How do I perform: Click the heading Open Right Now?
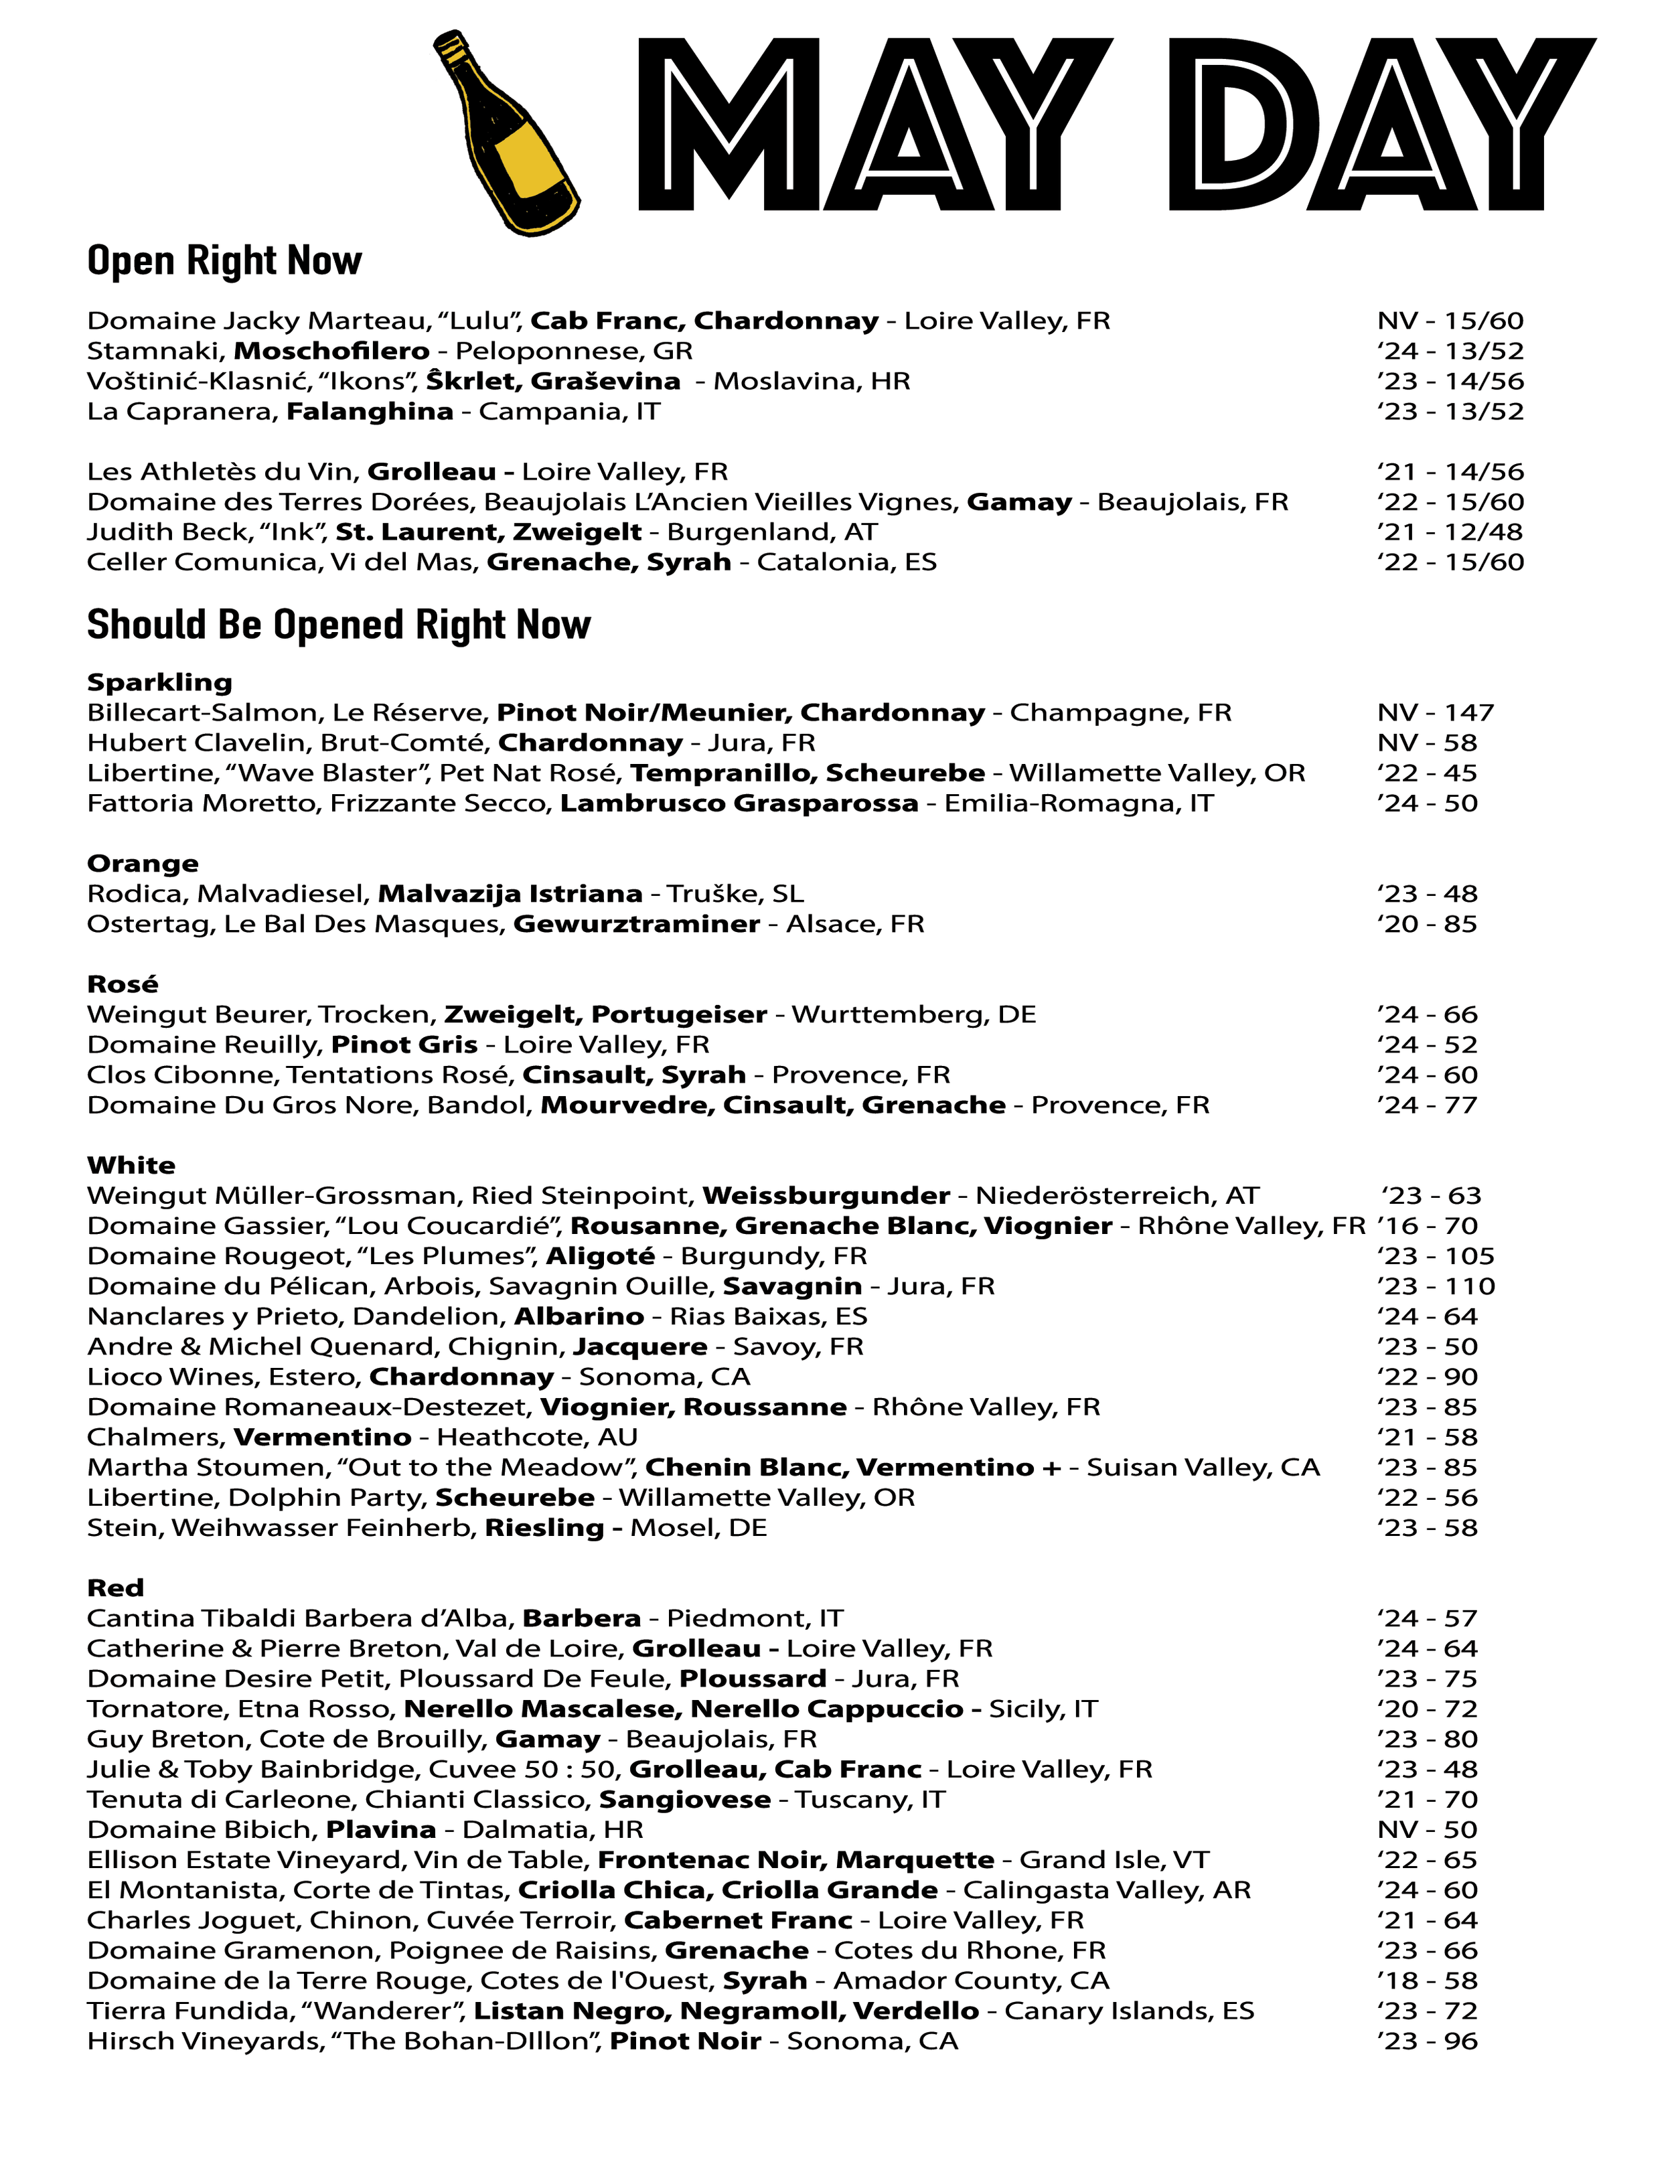tap(224, 261)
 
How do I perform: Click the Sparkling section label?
tap(159, 682)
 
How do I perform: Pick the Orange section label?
tap(143, 864)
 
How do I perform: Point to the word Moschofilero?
tap(331, 351)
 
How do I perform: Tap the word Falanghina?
tap(370, 412)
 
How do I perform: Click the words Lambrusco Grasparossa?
tap(739, 803)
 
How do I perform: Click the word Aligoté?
tap(600, 1257)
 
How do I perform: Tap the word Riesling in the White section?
tap(544, 1529)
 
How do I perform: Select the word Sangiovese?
tap(684, 1800)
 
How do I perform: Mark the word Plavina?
tap(381, 1830)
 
